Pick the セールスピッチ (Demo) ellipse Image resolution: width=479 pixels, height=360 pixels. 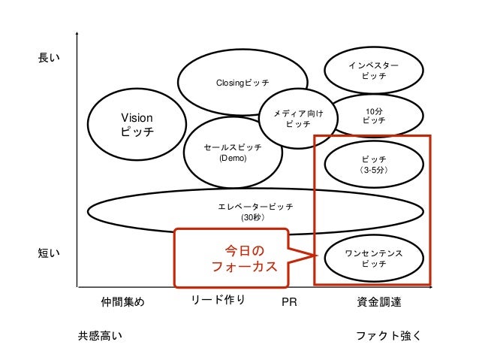(x=232, y=153)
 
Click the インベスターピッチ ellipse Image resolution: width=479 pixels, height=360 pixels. (x=373, y=71)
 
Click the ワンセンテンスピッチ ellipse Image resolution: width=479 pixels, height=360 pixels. (x=373, y=259)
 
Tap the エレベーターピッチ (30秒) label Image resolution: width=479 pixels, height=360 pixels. (x=255, y=211)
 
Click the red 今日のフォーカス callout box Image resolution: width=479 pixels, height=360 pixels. (x=232, y=258)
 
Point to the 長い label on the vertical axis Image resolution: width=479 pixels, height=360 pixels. (x=49, y=57)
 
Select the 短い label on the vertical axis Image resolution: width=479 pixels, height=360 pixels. (x=49, y=254)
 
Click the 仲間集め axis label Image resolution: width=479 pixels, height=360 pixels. (x=122, y=303)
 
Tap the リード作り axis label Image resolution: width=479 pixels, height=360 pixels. (x=218, y=301)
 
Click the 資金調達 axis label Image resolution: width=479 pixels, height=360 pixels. (x=379, y=303)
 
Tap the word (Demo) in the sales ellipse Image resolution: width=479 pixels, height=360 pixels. (x=231, y=159)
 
